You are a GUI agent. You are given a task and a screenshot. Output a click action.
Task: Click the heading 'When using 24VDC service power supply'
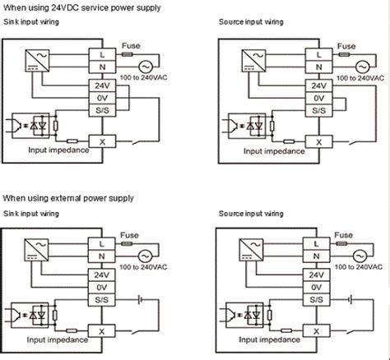(69, 7)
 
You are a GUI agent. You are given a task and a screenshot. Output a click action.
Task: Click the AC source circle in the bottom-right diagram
(361, 254)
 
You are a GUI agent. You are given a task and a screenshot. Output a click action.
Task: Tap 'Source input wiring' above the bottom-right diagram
(251, 213)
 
